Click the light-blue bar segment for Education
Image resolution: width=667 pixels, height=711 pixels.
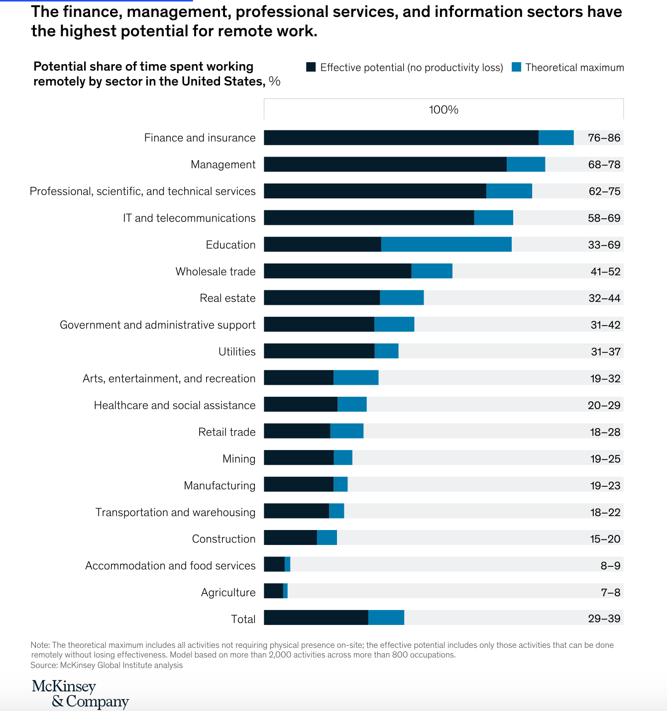[446, 244]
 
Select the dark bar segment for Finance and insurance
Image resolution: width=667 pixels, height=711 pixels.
[401, 138]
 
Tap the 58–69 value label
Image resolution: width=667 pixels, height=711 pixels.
[604, 218]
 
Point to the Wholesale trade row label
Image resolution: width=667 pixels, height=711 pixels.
[216, 271]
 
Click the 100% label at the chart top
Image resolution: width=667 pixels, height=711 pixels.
[444, 109]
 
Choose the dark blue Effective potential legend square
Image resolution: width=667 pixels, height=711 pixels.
[311, 67]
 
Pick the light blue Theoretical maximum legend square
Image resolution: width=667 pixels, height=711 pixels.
[517, 67]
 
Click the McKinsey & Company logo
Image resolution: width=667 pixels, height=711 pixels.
[80, 694]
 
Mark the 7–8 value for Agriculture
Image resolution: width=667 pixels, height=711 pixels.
[611, 592]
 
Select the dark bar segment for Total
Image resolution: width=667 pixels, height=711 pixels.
[316, 618]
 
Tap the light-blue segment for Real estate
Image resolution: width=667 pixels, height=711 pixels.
[402, 298]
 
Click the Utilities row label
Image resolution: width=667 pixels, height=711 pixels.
[237, 352]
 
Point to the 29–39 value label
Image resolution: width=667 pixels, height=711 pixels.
[604, 619]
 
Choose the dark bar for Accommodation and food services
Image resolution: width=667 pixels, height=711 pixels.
[274, 564]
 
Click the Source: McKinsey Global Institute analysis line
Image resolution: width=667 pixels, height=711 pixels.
[107, 665]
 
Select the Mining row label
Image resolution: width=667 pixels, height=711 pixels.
[239, 458]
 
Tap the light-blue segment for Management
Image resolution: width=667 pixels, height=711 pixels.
[526, 165]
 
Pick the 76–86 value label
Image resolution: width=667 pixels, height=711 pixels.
[604, 138]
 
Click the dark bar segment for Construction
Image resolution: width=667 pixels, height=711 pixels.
[290, 537]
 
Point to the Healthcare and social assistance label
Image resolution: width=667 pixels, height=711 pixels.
[175, 405]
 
